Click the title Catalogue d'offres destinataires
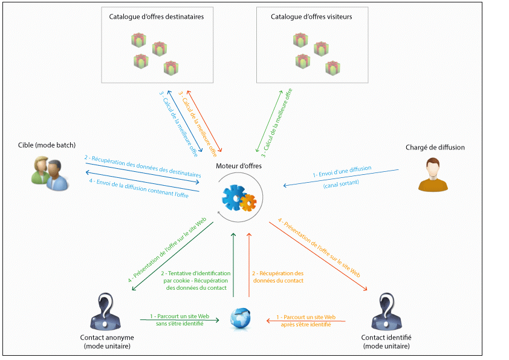pos(157,17)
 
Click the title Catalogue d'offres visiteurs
pos(312,17)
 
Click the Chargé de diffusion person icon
pos(430,175)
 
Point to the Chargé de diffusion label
pos(435,147)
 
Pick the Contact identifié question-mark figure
pos(385,311)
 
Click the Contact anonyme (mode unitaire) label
pos(107,341)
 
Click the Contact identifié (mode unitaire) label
pos(385,341)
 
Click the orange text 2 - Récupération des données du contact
pos(277,277)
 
